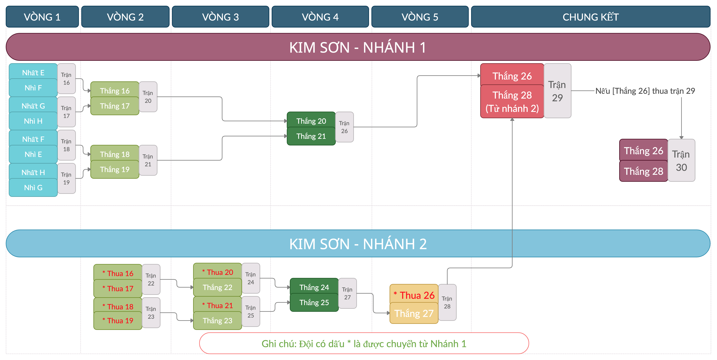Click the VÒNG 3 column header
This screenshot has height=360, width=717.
pos(220,17)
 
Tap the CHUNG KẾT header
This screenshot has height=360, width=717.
pos(590,17)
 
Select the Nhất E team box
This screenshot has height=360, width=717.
pos(33,73)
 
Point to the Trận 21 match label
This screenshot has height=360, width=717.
pos(148,160)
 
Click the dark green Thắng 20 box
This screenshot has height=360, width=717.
pos(311,121)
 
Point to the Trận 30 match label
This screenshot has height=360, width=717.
pos(681,161)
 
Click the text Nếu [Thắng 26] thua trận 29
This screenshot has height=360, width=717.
pos(645,91)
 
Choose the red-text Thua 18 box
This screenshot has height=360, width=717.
pos(118,306)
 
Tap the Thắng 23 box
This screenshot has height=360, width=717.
pos(217,321)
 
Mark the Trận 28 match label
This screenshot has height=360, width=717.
pos(447,302)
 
